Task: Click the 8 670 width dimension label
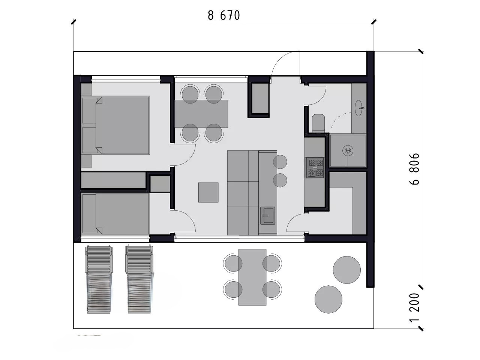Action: [x=223, y=15]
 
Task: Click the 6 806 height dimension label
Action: [x=414, y=169]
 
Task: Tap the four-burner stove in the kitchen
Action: [x=315, y=167]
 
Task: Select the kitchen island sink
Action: [x=267, y=216]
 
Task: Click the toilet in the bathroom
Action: [x=318, y=123]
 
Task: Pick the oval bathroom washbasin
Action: [x=360, y=108]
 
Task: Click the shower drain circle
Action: [x=348, y=151]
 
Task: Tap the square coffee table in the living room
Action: [x=208, y=192]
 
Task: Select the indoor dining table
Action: [x=201, y=114]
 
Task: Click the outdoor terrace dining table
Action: [x=252, y=277]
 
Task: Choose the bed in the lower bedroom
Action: [x=115, y=214]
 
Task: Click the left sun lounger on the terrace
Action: [x=99, y=279]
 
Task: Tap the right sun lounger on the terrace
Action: [x=139, y=279]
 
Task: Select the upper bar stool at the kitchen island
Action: [x=280, y=162]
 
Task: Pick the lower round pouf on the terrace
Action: [x=328, y=299]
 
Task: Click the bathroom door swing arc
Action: [x=320, y=98]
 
